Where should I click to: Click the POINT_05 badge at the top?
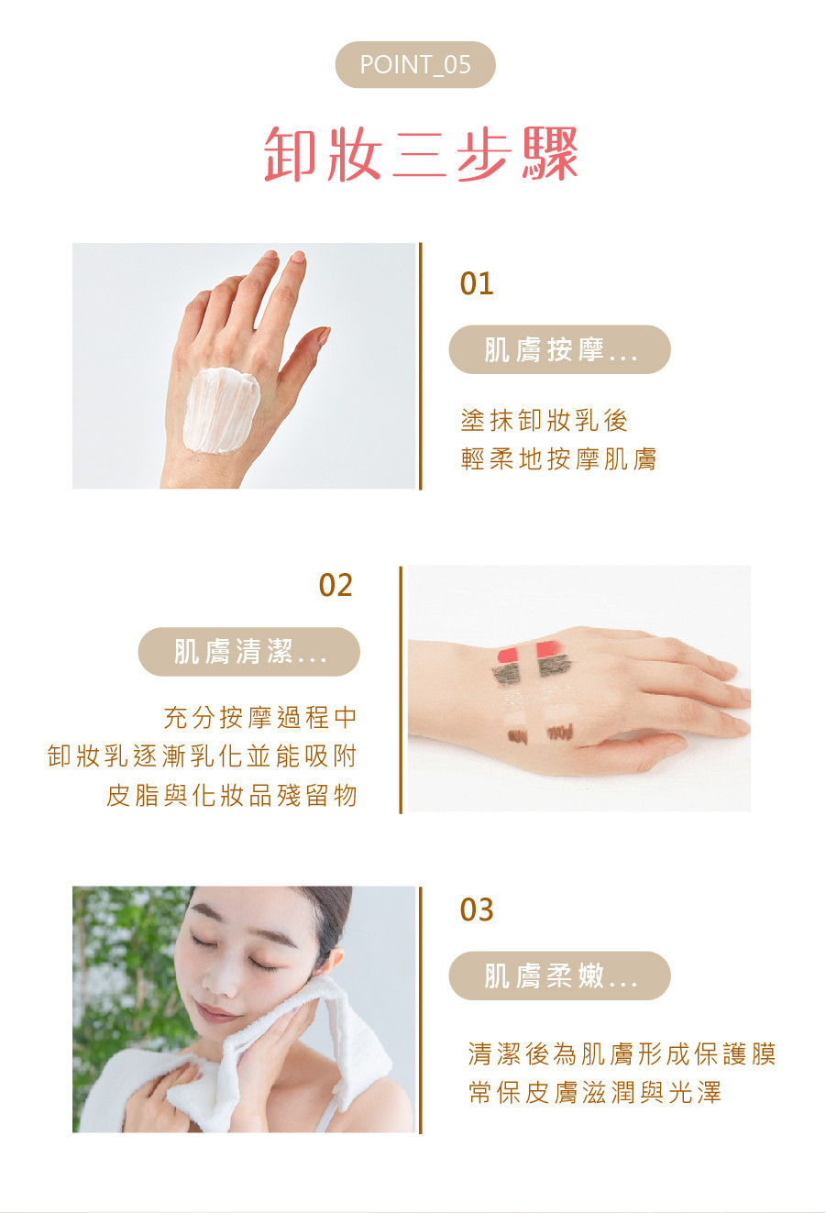[x=415, y=64]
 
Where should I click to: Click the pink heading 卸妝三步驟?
[x=421, y=154]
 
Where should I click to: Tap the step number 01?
[x=477, y=283]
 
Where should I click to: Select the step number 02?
[x=336, y=585]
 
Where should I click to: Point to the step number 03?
[x=477, y=910]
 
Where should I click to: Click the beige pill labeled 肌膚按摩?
[x=560, y=349]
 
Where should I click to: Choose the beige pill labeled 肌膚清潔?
[x=249, y=652]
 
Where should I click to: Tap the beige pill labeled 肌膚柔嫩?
[x=560, y=976]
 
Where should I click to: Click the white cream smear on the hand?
[x=221, y=410]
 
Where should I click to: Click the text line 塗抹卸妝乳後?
[x=545, y=420]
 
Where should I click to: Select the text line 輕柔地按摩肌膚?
[x=558, y=459]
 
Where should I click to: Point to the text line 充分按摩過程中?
[x=260, y=718]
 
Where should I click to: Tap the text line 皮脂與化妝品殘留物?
[x=232, y=796]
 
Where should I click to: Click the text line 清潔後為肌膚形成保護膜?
[x=622, y=1053]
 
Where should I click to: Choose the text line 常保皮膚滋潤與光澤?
[x=595, y=1093]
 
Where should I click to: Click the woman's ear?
[x=333, y=960]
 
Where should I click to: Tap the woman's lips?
[x=215, y=1012]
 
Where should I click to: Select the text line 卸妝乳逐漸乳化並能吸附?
[x=203, y=756]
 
